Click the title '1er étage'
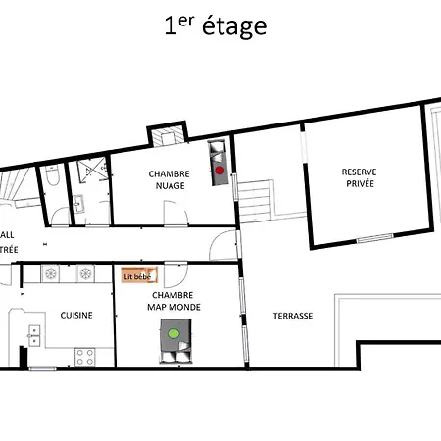coord(215,26)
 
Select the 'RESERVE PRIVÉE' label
coord(358,177)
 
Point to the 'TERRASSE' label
coord(293,316)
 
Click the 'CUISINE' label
coord(76,316)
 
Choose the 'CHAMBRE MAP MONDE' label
coord(171,300)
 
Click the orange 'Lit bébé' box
coord(137,276)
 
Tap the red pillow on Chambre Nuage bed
coord(220,170)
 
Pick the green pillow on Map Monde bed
coord(173,334)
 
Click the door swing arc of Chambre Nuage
coord(225,242)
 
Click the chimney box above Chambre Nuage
coord(162,134)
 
